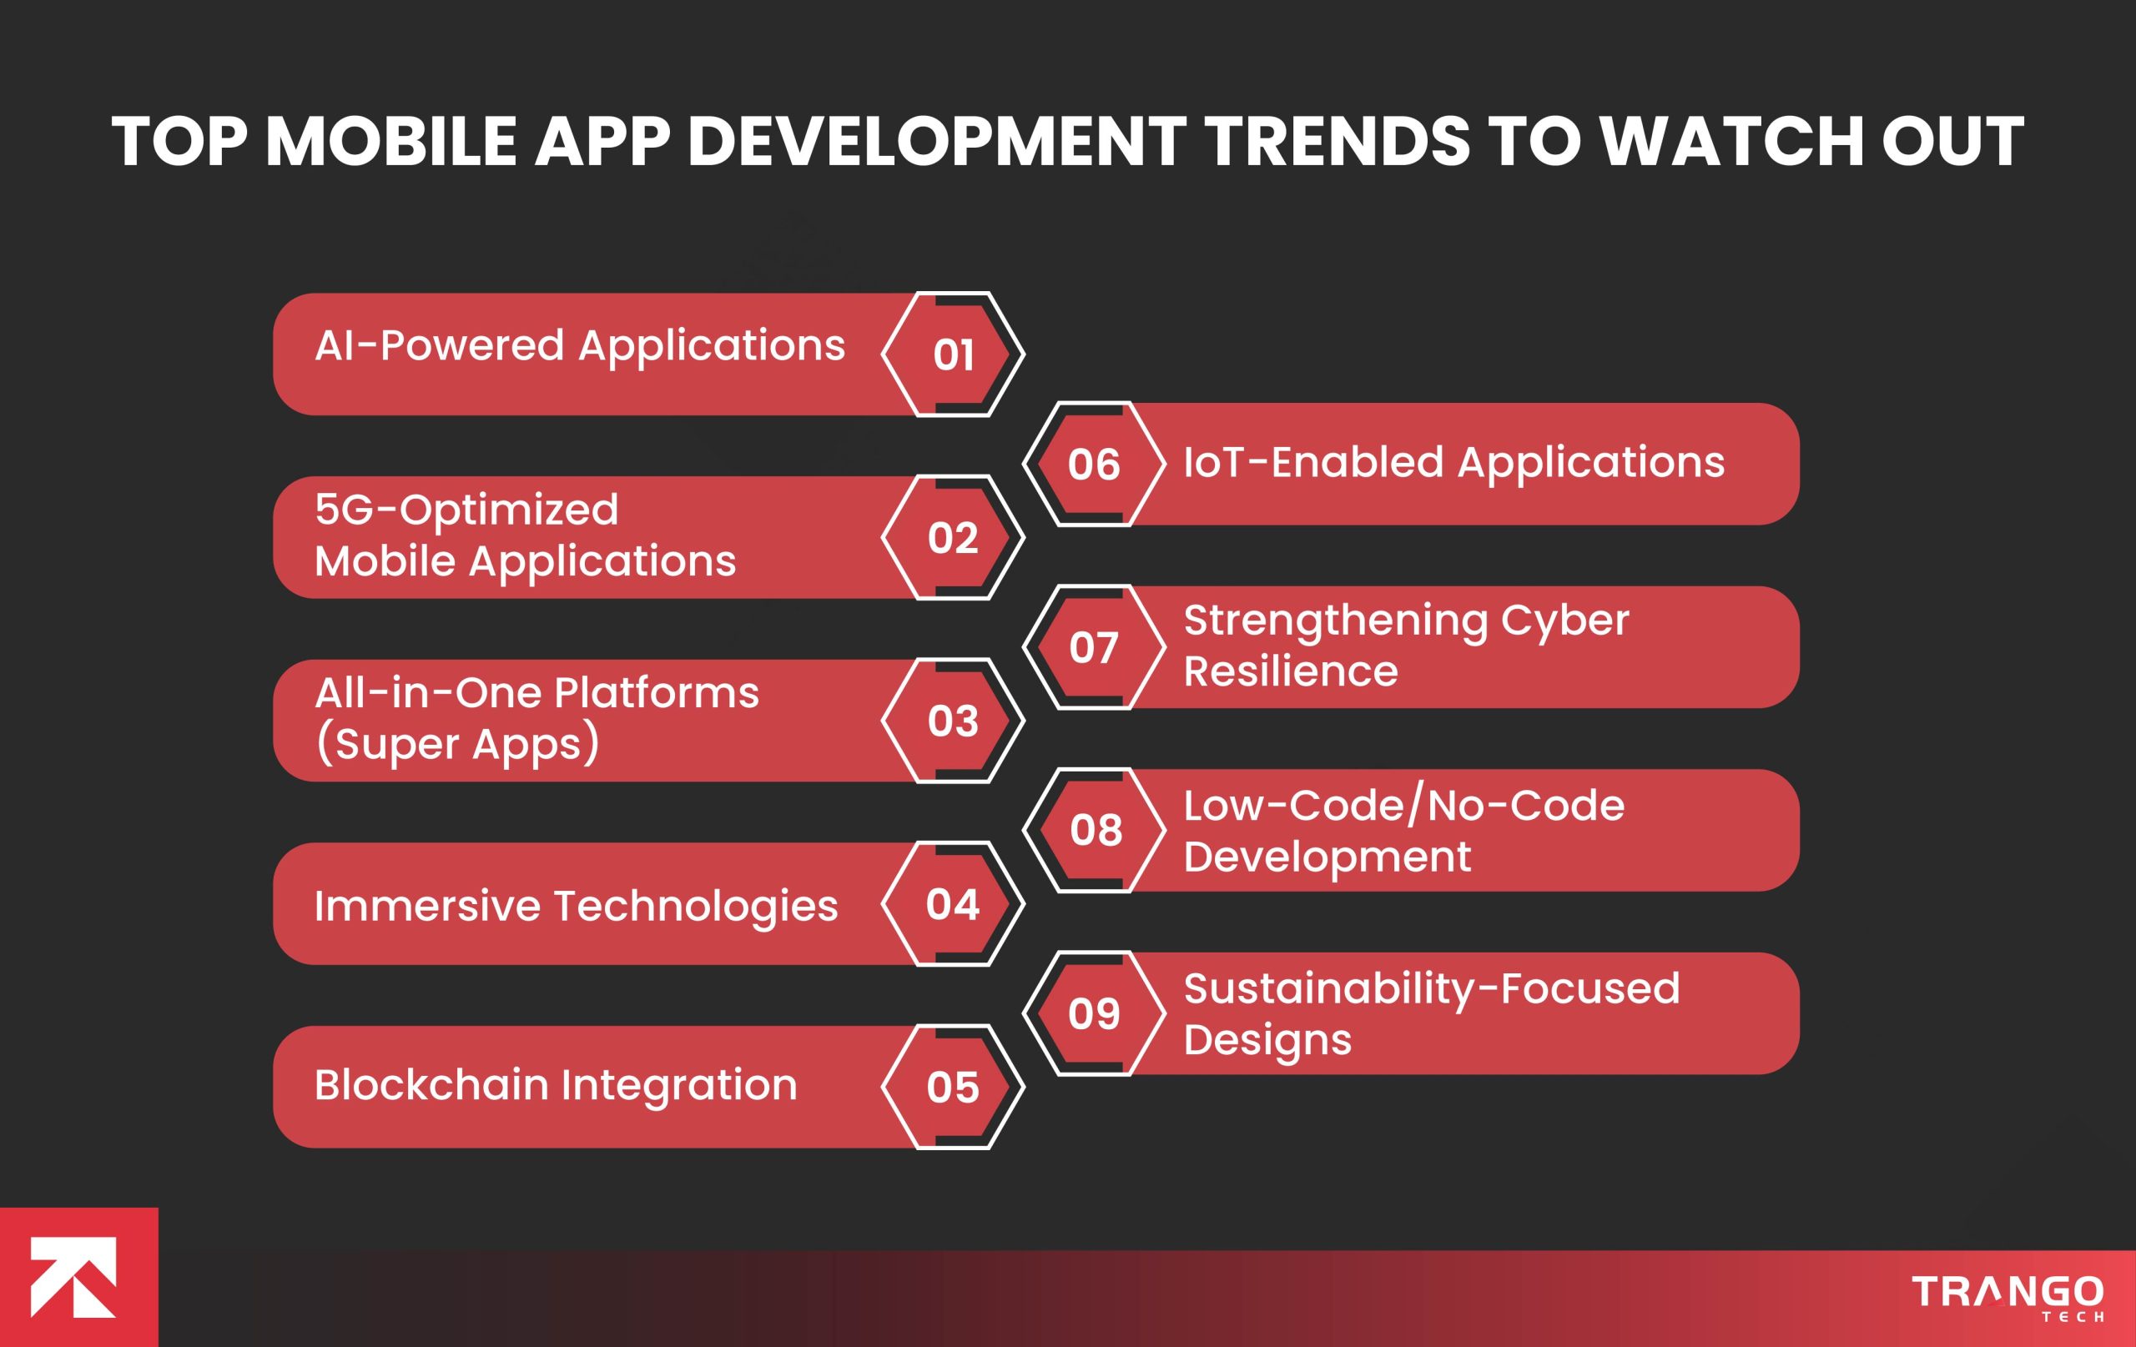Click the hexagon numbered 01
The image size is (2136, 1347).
953,354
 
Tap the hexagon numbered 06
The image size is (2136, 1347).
1094,465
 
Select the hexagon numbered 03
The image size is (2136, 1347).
953,721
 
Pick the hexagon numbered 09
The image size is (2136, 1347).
1094,1013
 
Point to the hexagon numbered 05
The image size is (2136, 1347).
953,1087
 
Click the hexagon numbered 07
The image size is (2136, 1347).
1094,647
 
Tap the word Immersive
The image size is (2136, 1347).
426,906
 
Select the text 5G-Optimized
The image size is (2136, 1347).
466,510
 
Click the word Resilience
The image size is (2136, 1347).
1290,671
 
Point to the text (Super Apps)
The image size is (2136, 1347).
457,744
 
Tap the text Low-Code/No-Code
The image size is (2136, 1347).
1403,805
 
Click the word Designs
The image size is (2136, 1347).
1267,1040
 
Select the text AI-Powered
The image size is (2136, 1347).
439,345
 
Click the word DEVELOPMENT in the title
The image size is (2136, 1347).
936,142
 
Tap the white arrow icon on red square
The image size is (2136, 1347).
74,1277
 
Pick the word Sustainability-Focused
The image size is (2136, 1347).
1431,988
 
